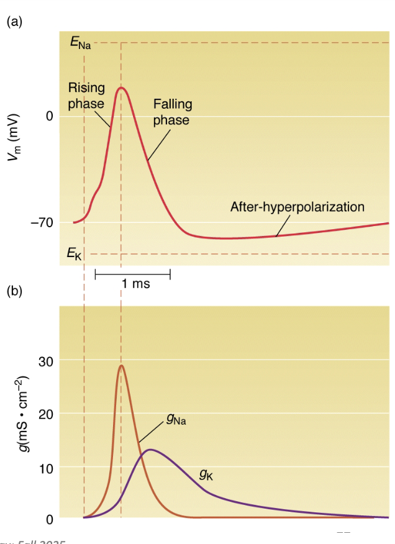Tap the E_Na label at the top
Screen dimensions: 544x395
click(79, 44)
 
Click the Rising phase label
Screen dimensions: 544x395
click(86, 95)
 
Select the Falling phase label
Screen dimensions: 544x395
click(172, 112)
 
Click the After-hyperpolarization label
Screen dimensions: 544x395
click(297, 206)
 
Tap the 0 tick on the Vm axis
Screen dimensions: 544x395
click(49, 116)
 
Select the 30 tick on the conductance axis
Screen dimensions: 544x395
click(46, 361)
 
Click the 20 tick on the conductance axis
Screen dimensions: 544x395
click(46, 414)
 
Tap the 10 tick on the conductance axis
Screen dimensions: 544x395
click(46, 467)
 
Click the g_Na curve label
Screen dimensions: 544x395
click(176, 421)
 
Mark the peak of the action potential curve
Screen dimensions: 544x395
click(121, 88)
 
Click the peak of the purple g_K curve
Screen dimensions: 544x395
click(150, 449)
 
